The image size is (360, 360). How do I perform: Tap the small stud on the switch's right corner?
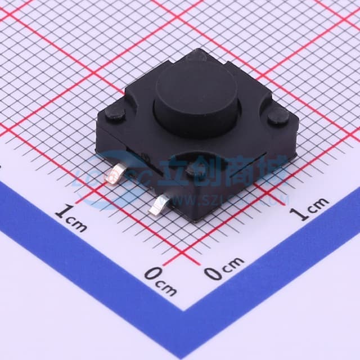[278, 116]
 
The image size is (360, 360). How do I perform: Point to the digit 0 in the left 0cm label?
[152, 276]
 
